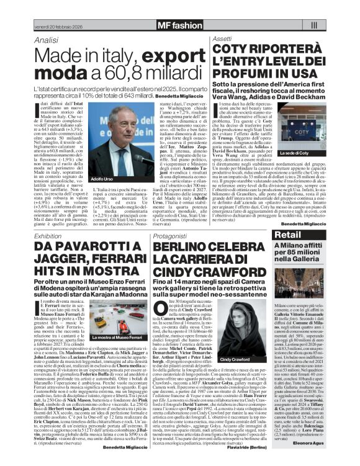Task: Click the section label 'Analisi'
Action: tap(47, 40)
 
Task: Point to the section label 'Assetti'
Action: tap(223, 38)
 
